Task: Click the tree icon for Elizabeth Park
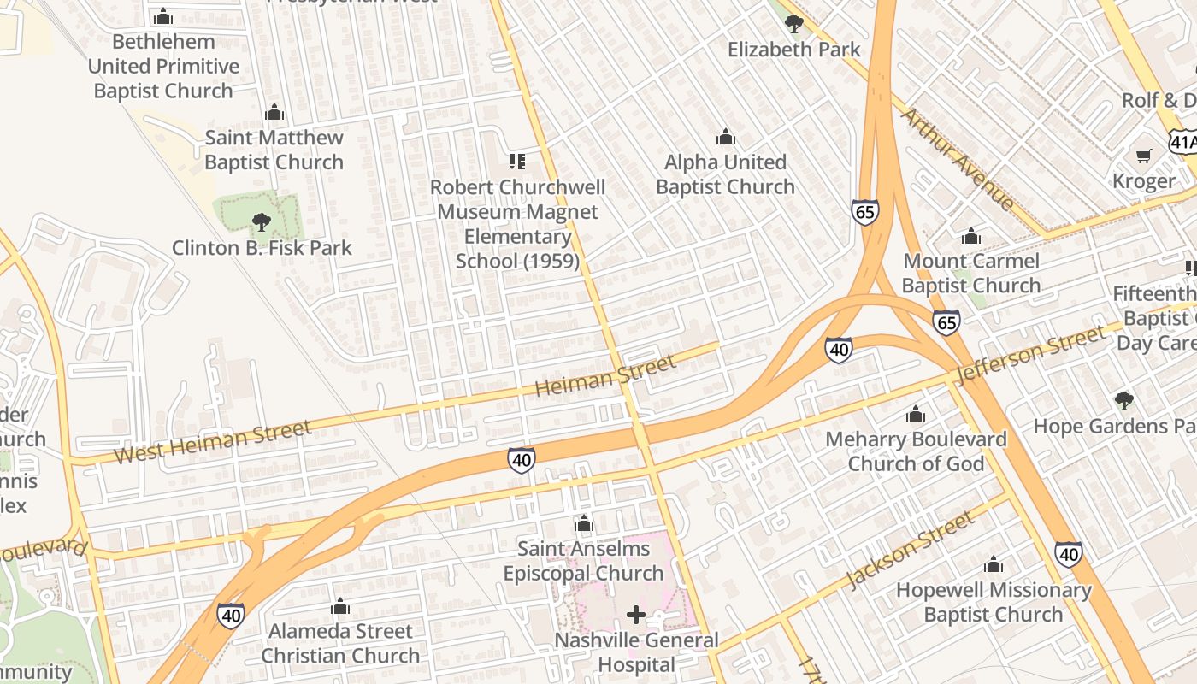[x=793, y=23]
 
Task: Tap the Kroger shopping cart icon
[x=1143, y=156]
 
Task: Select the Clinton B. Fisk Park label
[x=262, y=248]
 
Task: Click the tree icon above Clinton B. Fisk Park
[x=262, y=223]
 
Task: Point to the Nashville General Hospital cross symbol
[x=636, y=615]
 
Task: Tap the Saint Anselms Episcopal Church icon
[x=584, y=523]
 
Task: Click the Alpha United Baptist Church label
[x=725, y=174]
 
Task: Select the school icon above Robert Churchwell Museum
[x=516, y=161]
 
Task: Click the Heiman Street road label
[x=605, y=374]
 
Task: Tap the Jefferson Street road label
[x=1031, y=356]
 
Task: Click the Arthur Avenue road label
[x=958, y=159]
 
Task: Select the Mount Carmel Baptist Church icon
[x=970, y=236]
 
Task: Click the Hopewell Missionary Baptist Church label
[x=994, y=602]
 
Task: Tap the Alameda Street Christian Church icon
[x=340, y=607]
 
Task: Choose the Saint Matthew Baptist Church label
[x=274, y=150]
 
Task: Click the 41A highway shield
[x=1183, y=141]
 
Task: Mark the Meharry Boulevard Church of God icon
[x=916, y=415]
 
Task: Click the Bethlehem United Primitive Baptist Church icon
[x=163, y=16]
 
